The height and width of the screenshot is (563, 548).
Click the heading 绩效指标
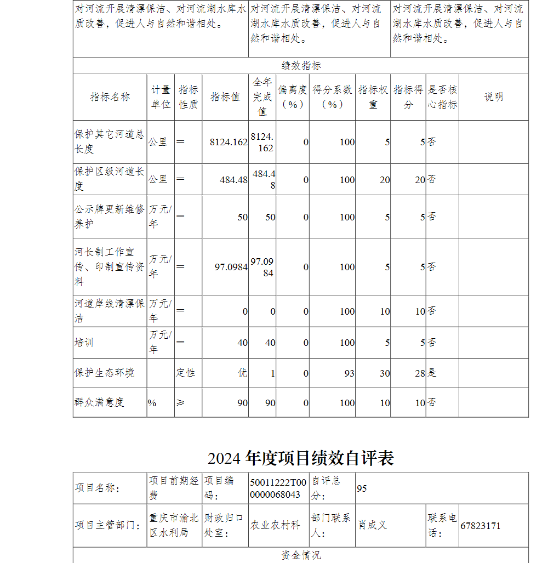[301, 66]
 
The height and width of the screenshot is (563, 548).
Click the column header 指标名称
[110, 97]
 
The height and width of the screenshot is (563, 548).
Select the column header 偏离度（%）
[293, 97]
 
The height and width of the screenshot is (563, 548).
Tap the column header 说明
[493, 97]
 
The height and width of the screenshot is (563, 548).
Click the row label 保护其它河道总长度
[109, 141]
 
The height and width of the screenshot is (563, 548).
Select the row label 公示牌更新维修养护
[109, 217]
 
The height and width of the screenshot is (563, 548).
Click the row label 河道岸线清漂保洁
[109, 311]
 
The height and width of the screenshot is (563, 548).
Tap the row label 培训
[84, 343]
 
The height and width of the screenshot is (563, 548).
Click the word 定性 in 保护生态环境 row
[186, 373]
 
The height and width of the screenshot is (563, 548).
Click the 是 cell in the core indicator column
[432, 373]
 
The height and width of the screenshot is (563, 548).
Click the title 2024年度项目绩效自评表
[300, 458]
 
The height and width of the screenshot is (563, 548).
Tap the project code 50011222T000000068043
[278, 488]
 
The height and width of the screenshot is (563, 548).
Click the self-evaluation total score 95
[362, 488]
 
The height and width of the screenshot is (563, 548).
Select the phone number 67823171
[480, 526]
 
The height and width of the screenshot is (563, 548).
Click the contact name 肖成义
[373, 525]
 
